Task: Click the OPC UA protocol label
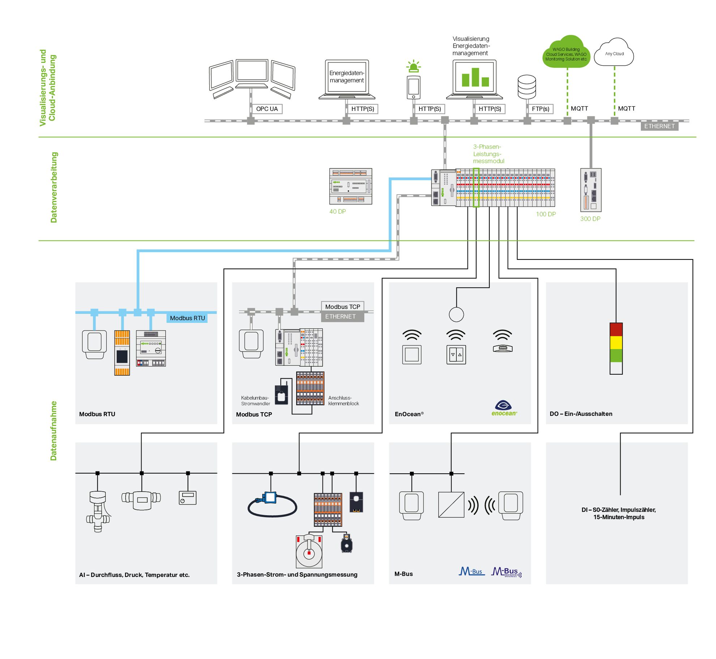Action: click(267, 109)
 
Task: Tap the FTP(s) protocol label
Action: click(540, 109)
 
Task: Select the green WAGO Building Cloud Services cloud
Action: click(566, 52)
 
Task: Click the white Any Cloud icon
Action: click(614, 52)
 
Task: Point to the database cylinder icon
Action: click(527, 87)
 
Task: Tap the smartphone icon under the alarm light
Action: click(414, 87)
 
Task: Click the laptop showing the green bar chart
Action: click(474, 79)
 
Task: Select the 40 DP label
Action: click(337, 211)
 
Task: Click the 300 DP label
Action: click(590, 219)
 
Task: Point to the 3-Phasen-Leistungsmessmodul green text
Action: click(489, 154)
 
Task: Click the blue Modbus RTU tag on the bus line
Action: click(187, 318)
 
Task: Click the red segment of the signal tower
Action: click(616, 329)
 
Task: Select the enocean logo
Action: click(504, 408)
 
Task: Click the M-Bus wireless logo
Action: click(506, 572)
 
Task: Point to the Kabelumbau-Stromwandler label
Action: click(255, 401)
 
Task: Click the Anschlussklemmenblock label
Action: click(344, 401)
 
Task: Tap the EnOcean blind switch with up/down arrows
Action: click(456, 354)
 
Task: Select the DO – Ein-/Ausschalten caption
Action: click(581, 414)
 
